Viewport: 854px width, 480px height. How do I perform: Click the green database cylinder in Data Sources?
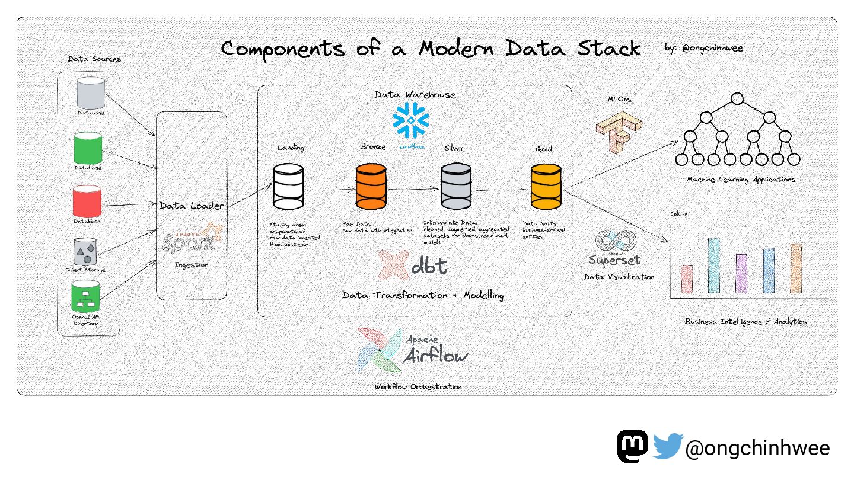click(x=88, y=148)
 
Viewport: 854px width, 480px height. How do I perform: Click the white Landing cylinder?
click(x=288, y=187)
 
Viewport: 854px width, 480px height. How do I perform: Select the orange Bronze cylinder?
click(x=371, y=187)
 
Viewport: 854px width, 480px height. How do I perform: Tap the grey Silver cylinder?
click(x=456, y=187)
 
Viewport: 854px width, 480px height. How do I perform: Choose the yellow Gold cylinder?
click(x=546, y=187)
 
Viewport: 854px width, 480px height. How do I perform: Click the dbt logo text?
click(x=429, y=266)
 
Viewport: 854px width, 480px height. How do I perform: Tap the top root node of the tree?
click(x=737, y=99)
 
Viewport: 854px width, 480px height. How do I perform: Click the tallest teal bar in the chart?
click(x=713, y=265)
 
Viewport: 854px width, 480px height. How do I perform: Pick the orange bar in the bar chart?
click(x=796, y=268)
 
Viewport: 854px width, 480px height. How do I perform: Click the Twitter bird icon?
click(x=668, y=446)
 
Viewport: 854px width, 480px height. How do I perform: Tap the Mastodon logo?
click(x=633, y=446)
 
